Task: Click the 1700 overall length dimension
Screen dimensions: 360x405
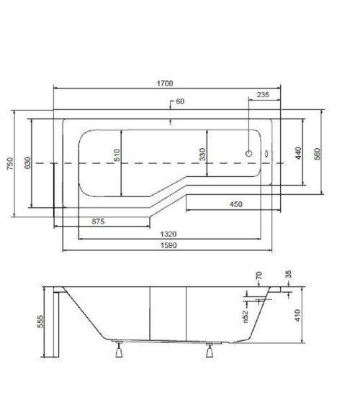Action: coord(165,83)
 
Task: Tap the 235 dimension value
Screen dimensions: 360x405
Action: coord(263,95)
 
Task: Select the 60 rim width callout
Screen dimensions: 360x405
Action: coord(180,101)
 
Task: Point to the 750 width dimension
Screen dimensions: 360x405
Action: coord(10,163)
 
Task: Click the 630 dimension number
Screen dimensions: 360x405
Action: coord(27,163)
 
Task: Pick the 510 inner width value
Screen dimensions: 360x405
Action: coord(117,155)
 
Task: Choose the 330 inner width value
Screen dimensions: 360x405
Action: coord(203,154)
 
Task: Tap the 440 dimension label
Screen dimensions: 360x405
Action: coord(298,153)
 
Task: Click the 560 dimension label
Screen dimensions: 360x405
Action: coord(318,154)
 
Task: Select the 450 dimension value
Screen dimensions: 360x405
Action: coord(235,204)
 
